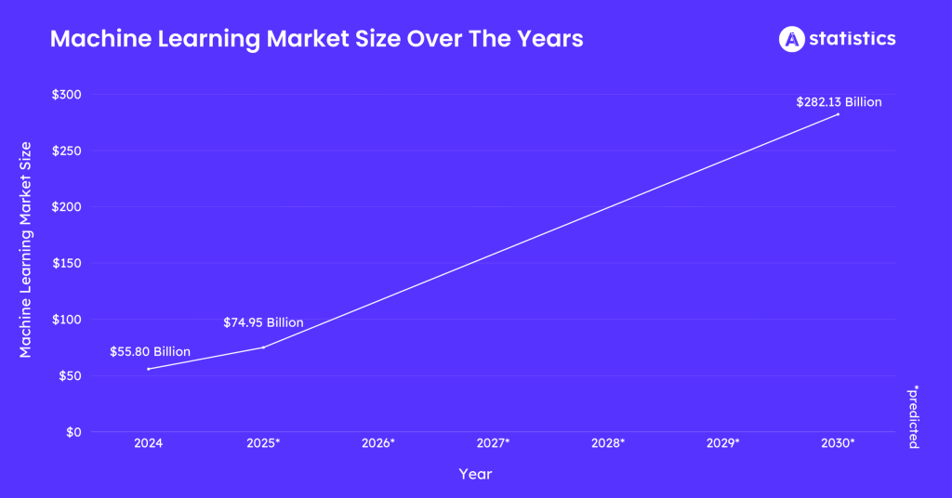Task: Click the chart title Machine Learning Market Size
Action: tap(316, 39)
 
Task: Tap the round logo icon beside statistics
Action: tap(790, 39)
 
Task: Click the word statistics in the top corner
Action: tap(852, 39)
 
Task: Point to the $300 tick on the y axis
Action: tap(66, 95)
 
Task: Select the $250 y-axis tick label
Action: tap(66, 151)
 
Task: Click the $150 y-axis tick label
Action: tap(66, 263)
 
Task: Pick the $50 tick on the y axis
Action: tap(69, 375)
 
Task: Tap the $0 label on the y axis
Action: tap(73, 432)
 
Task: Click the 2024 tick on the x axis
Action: tap(148, 443)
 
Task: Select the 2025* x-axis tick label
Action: tap(263, 443)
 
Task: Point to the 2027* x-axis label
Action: tap(493, 443)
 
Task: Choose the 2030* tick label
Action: tap(838, 443)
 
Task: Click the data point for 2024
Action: tap(149, 369)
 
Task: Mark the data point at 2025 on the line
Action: tap(263, 347)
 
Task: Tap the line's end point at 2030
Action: tap(838, 114)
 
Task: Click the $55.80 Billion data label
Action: tap(150, 352)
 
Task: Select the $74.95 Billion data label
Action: tap(263, 323)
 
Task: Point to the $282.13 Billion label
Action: tap(839, 102)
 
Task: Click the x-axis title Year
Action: tap(475, 474)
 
